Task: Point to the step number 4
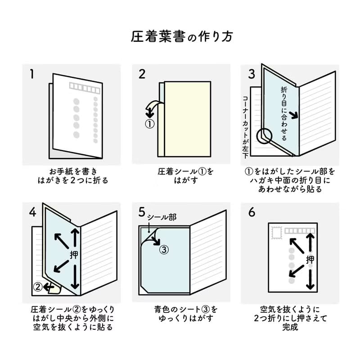32,212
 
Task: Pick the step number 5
142,212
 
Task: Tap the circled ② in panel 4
39,286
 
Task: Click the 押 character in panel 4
74,254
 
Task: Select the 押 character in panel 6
310,259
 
